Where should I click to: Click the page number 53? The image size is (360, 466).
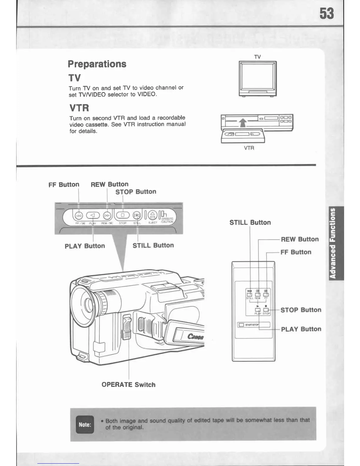click(x=327, y=14)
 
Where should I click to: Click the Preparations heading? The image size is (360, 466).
click(x=97, y=64)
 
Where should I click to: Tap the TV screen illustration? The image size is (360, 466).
click(x=257, y=78)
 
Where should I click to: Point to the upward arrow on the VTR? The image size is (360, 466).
click(x=242, y=122)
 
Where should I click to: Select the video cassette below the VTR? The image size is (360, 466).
click(x=243, y=135)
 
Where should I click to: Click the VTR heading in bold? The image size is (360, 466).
click(x=79, y=108)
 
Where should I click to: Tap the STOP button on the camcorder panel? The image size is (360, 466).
click(x=123, y=215)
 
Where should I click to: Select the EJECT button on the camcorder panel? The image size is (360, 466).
click(x=152, y=215)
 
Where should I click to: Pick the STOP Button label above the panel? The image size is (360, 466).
click(x=136, y=192)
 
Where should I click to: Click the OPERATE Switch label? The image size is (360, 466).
click(x=128, y=385)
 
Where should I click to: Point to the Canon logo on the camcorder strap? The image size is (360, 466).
click(x=196, y=336)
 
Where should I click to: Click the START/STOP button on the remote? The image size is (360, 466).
click(x=241, y=325)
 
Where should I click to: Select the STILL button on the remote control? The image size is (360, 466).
click(x=250, y=294)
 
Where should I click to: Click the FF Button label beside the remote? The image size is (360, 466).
click(x=296, y=252)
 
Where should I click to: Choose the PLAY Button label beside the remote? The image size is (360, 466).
click(x=301, y=329)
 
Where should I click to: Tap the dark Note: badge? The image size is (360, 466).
click(x=85, y=425)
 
